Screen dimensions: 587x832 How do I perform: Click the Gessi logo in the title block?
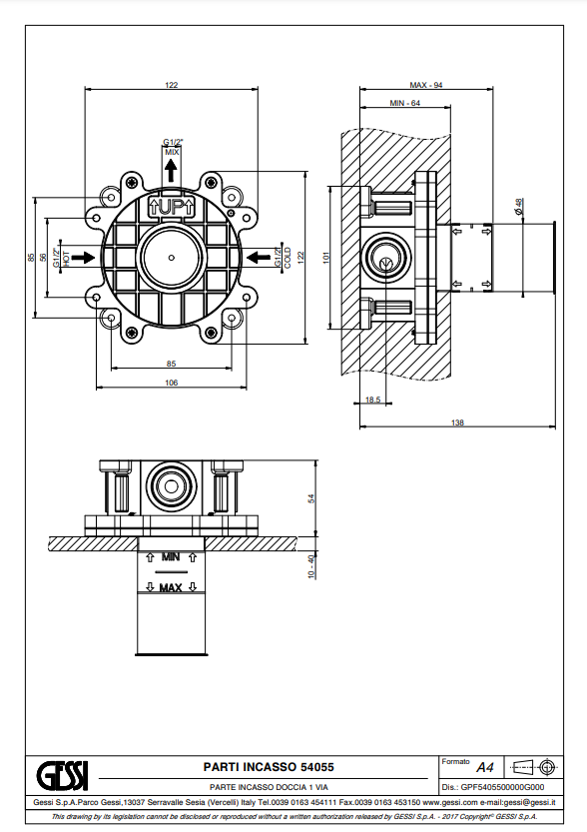(62, 776)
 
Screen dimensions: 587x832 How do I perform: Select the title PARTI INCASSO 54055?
(269, 767)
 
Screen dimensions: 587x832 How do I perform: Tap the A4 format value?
(484, 767)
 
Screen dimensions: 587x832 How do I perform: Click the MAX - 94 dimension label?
(426, 85)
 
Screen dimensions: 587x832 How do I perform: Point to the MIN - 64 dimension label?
(404, 103)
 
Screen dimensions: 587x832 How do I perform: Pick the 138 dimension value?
(457, 422)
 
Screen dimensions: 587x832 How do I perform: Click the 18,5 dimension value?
(372, 400)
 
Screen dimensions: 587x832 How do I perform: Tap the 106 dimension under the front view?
(172, 382)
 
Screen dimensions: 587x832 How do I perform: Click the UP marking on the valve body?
(172, 208)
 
